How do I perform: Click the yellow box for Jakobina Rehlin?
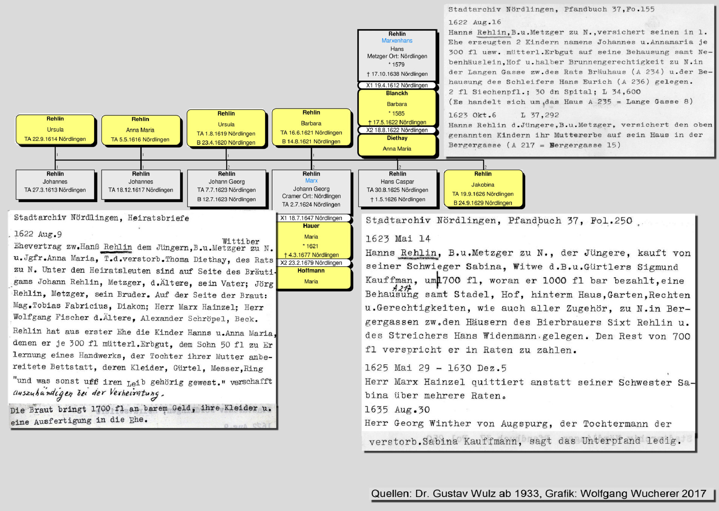[x=483, y=189]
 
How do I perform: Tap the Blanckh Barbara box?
[x=397, y=107]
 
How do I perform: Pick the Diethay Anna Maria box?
[x=397, y=145]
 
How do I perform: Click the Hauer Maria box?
[x=311, y=240]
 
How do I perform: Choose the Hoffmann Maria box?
[x=311, y=278]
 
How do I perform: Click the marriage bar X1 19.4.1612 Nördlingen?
[x=397, y=85]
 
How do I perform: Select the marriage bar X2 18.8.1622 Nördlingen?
[x=397, y=130]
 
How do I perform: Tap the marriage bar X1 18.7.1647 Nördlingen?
[x=311, y=218]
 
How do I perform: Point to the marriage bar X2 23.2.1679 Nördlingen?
[x=311, y=263]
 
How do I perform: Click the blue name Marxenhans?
[x=397, y=41]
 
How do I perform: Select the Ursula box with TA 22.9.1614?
[x=55, y=130]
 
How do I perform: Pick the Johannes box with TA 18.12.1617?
[x=141, y=185]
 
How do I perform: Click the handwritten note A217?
[x=402, y=288]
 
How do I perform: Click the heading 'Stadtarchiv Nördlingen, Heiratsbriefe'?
[x=101, y=218]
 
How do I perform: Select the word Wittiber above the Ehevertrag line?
[x=241, y=241]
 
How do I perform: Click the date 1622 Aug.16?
[x=475, y=22]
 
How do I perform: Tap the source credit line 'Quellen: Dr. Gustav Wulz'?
[x=539, y=494]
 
